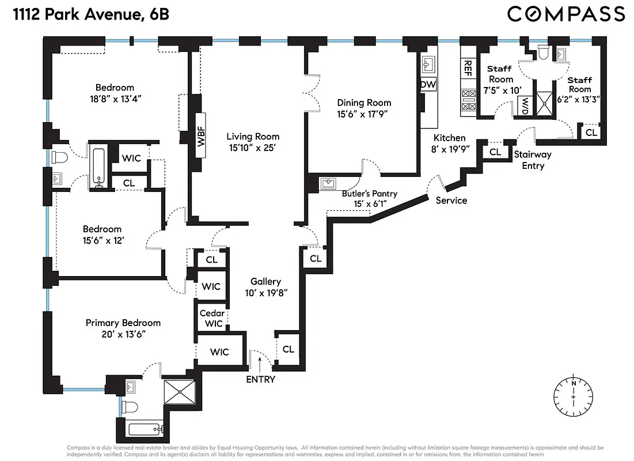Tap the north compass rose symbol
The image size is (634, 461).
574,397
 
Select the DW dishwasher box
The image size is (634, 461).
428,85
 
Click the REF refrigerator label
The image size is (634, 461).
468,69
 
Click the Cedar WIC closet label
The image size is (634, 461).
212,318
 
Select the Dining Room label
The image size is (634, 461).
364,103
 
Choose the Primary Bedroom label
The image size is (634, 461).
123,323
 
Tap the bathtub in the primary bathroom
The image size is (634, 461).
146,430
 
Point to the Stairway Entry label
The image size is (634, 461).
532,160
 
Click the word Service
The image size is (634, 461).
451,201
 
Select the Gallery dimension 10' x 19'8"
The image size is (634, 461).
265,292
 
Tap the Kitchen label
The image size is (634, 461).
449,138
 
